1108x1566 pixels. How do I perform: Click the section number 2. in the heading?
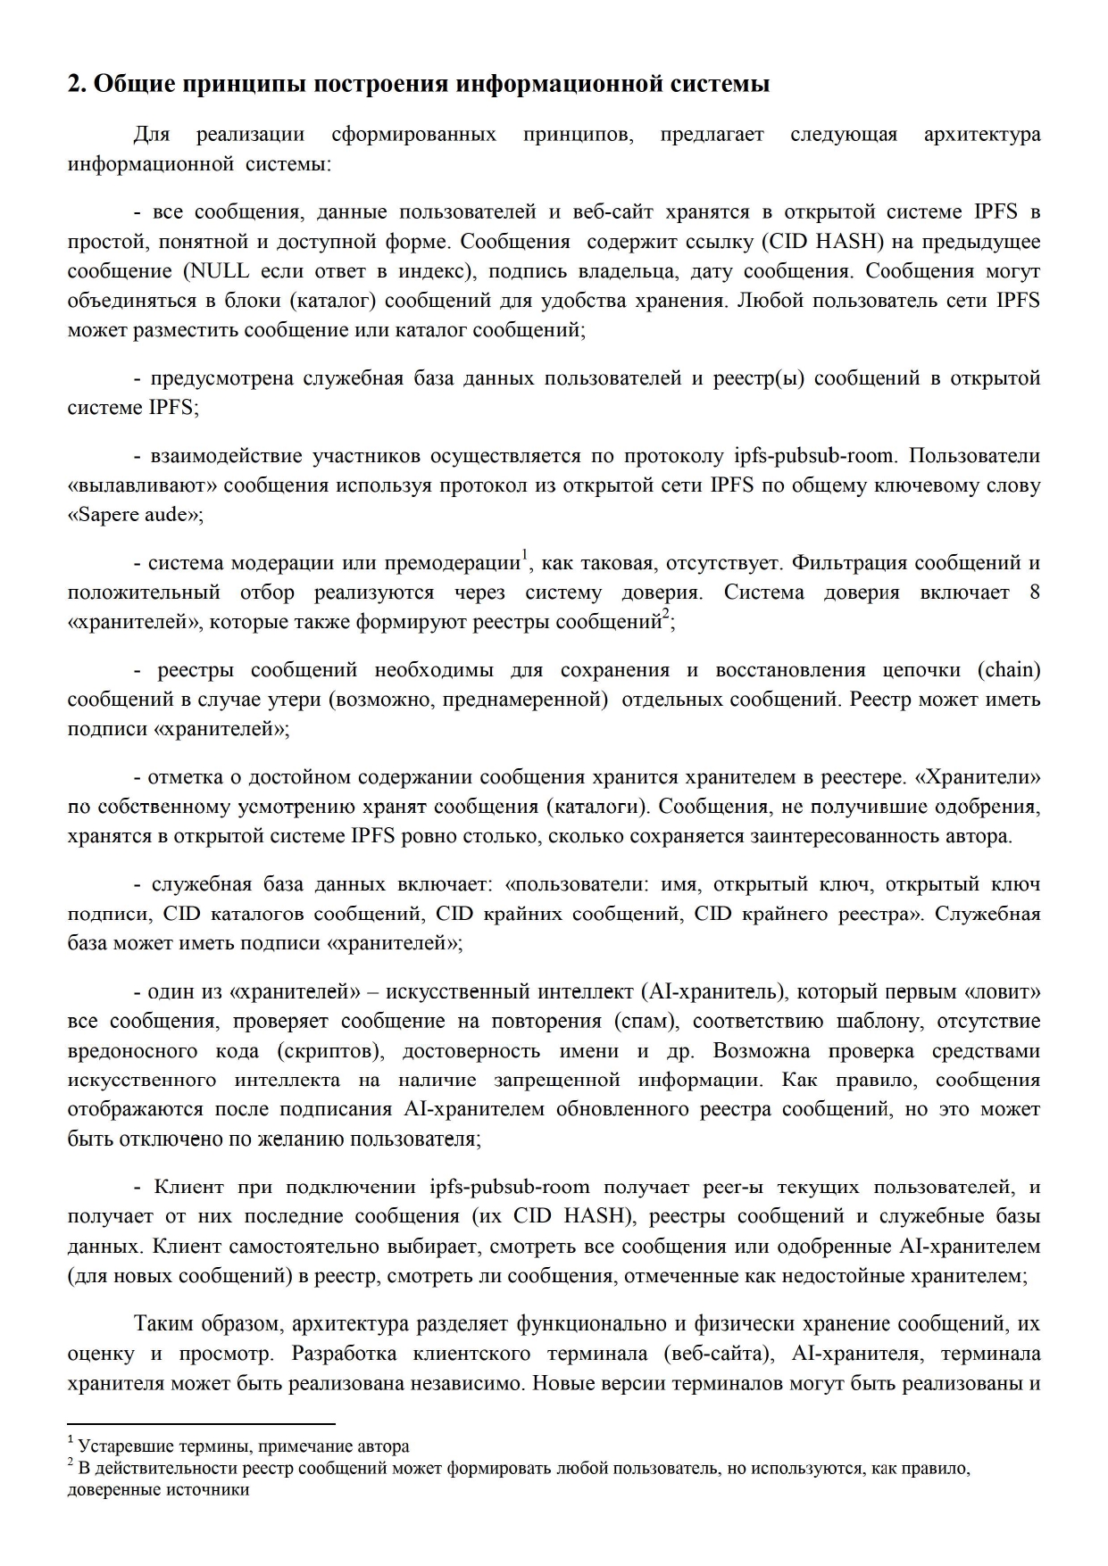(x=77, y=85)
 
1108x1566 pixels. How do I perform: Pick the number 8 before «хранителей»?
(x=1035, y=592)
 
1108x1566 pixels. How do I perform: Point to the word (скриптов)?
(x=330, y=1050)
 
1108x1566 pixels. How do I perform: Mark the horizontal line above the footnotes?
(x=201, y=1424)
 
